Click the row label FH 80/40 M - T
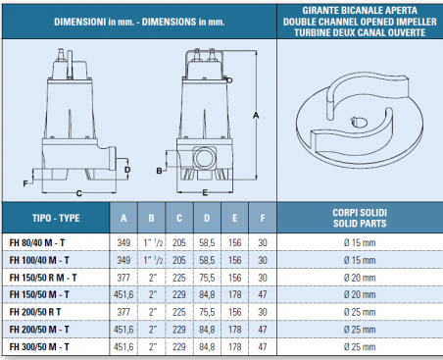(37, 243)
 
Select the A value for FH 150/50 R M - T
(123, 278)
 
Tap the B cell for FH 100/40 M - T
(153, 260)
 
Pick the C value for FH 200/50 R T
(179, 312)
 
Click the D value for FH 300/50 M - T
(207, 347)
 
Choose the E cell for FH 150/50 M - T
(234, 294)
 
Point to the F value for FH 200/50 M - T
(263, 330)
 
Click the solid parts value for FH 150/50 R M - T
(360, 278)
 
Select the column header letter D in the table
(207, 218)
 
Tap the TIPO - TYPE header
(56, 218)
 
